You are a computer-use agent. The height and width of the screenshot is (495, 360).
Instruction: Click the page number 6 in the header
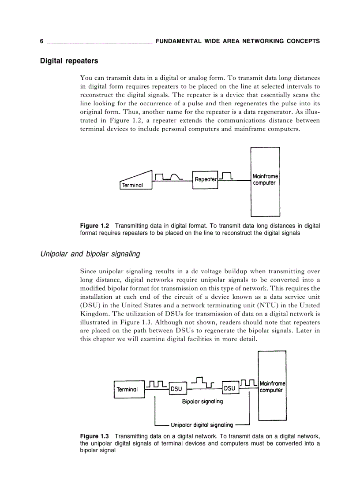tap(41, 41)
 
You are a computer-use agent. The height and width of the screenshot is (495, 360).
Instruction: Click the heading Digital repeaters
tap(69, 61)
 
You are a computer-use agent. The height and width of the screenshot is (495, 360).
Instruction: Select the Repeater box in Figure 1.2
tap(205, 179)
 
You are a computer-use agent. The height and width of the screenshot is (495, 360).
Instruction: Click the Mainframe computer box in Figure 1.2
tap(265, 182)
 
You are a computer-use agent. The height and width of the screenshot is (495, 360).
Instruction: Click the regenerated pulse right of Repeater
tap(226, 176)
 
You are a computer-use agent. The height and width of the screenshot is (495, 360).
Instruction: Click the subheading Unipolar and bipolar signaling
tap(90, 254)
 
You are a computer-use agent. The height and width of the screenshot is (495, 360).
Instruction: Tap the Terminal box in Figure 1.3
tap(127, 389)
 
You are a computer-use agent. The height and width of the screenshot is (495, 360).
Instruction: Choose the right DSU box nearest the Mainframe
tap(229, 388)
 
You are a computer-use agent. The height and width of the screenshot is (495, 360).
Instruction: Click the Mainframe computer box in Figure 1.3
tap(272, 386)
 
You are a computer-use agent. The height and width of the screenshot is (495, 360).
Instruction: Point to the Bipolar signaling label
tap(202, 402)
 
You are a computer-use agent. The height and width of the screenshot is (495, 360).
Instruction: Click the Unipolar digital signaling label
tap(202, 425)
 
